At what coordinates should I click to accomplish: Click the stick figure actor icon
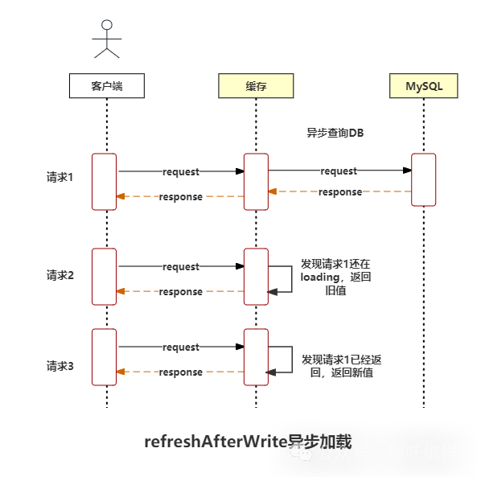pos(106,39)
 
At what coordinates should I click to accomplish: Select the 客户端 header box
pos(106,86)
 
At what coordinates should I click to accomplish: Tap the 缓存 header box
pos(256,86)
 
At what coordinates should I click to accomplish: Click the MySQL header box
pos(423,86)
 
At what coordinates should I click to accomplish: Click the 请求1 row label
pos(60,177)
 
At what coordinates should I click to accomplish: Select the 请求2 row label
pos(60,275)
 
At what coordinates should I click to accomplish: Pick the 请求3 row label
pos(60,366)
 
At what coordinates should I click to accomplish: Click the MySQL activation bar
pos(423,180)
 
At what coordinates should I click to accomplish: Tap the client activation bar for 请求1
pos(104,181)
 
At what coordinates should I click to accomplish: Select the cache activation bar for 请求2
pos(256,277)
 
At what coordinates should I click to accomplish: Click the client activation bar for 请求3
pos(104,357)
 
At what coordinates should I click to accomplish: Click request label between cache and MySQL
pos(339,171)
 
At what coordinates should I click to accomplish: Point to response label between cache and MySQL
pos(339,192)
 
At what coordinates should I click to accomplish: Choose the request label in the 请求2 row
pos(180,267)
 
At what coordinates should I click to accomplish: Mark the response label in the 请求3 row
pos(180,372)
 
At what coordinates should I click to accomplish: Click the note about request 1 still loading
pos(335,277)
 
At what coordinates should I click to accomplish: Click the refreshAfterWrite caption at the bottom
pos(248,441)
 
